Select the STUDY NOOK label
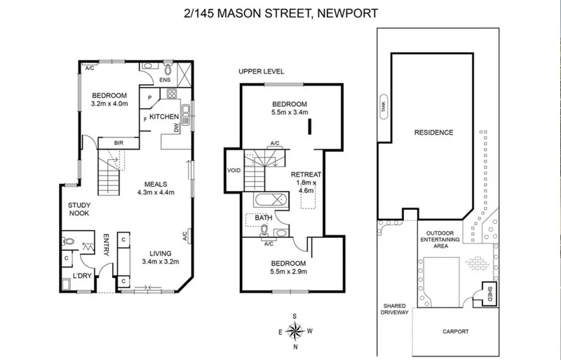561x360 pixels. (x=78, y=209)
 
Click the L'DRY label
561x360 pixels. (x=83, y=276)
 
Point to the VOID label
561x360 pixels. (x=233, y=170)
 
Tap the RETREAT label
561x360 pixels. (x=306, y=174)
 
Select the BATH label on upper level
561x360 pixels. (x=263, y=218)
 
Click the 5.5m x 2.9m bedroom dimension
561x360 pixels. (x=291, y=271)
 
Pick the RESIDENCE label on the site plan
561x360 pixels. (x=433, y=132)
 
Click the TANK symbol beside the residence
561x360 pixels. (x=383, y=107)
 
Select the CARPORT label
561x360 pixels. (x=455, y=331)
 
